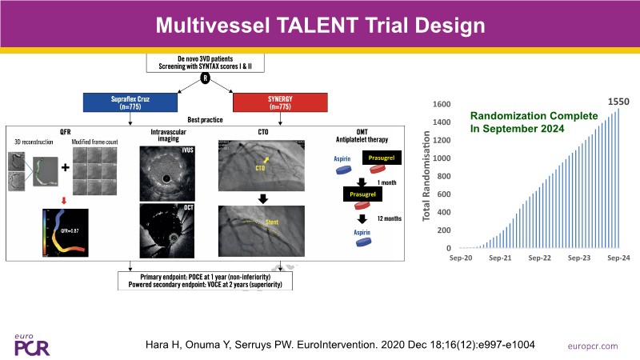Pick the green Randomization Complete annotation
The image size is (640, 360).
point(532,122)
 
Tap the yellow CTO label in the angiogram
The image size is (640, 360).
point(259,168)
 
